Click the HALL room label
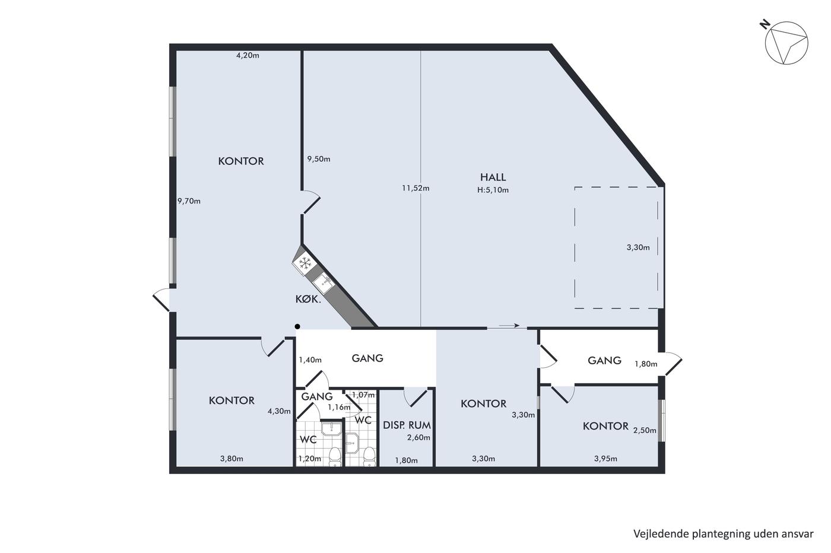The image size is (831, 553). (x=493, y=177)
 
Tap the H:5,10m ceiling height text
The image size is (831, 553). (x=493, y=190)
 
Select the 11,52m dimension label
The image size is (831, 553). (x=415, y=188)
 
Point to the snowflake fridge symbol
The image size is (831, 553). (x=305, y=263)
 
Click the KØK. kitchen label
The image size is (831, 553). (x=308, y=299)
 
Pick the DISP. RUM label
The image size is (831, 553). (x=407, y=425)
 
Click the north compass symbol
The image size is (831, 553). (x=786, y=43)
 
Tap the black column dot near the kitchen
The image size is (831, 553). (x=297, y=326)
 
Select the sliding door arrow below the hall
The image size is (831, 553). (x=509, y=326)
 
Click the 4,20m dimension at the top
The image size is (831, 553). (x=248, y=55)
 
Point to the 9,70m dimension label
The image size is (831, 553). (x=189, y=201)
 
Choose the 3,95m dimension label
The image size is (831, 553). (x=605, y=459)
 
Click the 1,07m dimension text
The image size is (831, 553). (x=363, y=395)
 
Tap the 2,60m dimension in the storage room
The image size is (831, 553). (x=418, y=438)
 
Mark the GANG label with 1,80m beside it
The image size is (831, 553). (x=604, y=360)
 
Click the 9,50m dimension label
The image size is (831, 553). (x=318, y=159)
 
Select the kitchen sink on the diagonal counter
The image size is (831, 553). (x=323, y=284)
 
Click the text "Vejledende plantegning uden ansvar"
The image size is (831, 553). (x=723, y=534)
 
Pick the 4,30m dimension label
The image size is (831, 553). (x=279, y=411)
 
